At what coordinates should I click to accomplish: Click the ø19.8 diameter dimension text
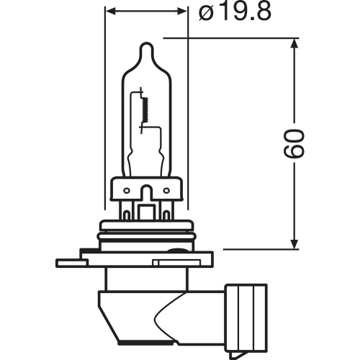point(235,12)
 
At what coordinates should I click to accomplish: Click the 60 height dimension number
point(294,143)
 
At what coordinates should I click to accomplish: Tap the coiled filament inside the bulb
point(145,109)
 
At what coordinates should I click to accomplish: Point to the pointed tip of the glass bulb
point(146,43)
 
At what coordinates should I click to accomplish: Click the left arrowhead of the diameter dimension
point(110,11)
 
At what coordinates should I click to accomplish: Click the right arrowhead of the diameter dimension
point(182,11)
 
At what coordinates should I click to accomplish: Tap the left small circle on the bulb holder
point(127,191)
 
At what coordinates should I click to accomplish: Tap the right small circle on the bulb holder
point(166,191)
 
